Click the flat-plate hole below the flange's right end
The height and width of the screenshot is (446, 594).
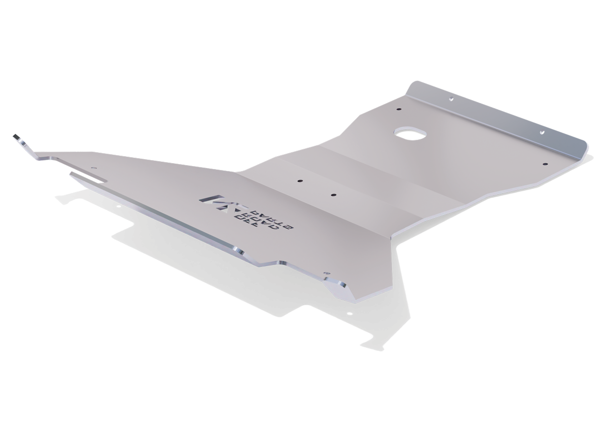(x=544, y=164)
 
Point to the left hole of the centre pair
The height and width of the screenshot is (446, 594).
(x=299, y=181)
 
